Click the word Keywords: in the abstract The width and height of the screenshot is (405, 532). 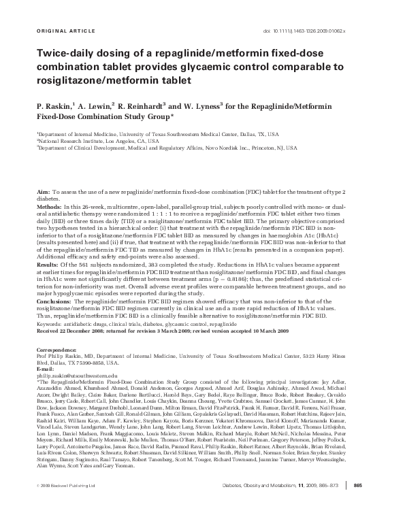point(51,324)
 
